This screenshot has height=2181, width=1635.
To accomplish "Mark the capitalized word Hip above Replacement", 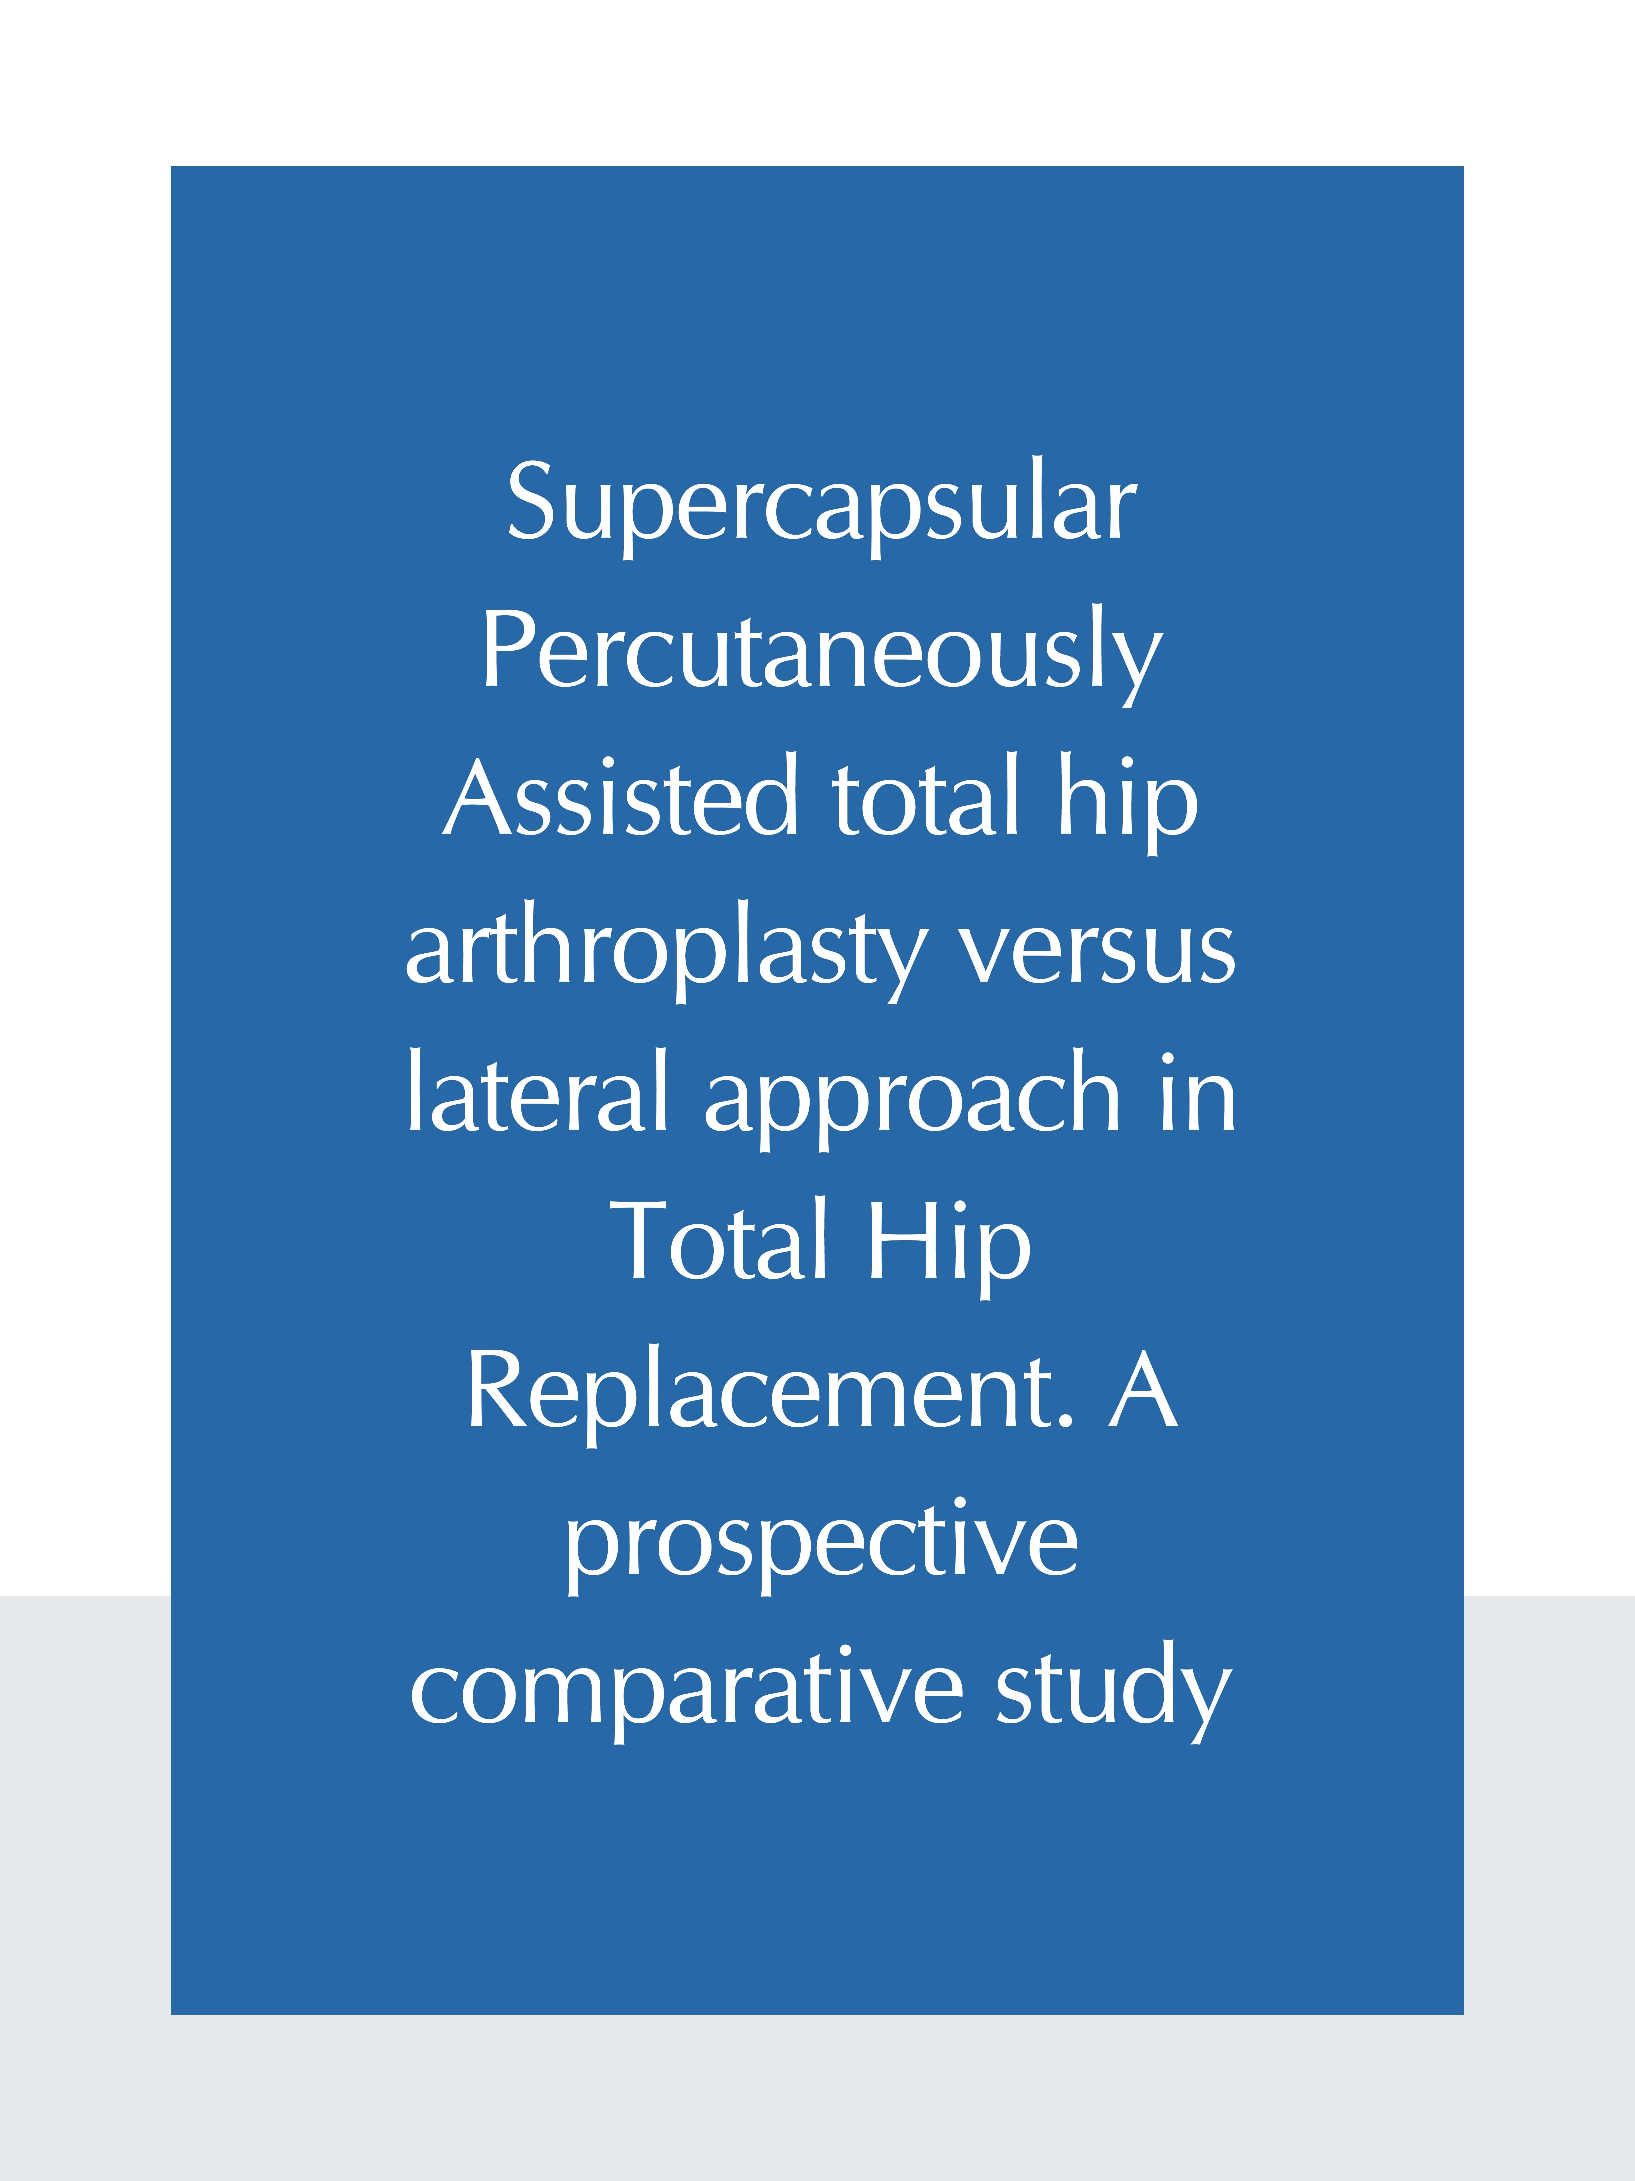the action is click(x=949, y=1247).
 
